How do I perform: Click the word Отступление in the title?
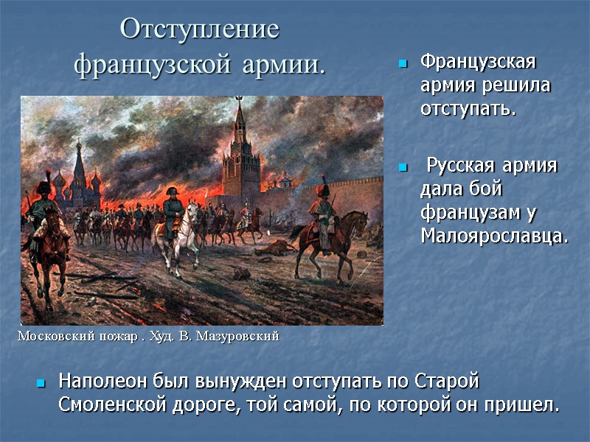pos(199,30)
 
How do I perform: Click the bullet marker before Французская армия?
pos(403,65)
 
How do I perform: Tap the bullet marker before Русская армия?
pos(403,168)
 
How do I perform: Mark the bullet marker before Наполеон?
pos(41,385)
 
